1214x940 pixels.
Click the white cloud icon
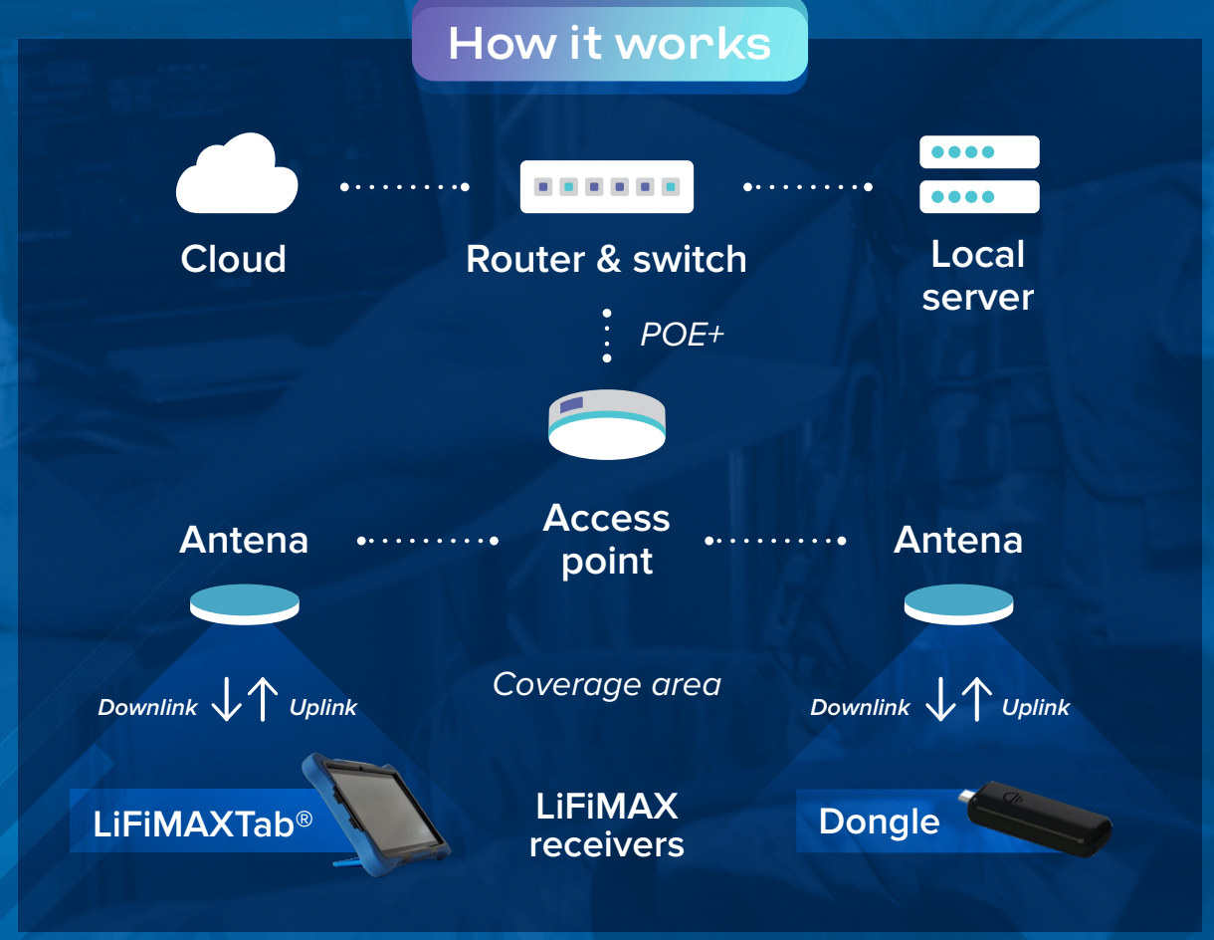237,174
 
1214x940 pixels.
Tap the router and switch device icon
607,186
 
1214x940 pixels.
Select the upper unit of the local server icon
979,152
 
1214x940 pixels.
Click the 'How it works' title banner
610,44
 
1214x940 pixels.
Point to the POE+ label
682,335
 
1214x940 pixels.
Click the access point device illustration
607,425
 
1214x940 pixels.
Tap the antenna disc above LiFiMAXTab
245,604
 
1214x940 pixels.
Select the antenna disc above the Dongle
958,604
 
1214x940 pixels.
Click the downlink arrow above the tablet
226,699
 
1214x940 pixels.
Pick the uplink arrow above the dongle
977,699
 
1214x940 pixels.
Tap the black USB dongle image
1036,819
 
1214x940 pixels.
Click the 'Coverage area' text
607,685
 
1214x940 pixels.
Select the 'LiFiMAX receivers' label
607,824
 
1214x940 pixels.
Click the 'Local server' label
978,275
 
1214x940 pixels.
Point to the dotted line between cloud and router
404,186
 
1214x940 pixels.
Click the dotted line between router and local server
808,186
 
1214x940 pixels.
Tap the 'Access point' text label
607,539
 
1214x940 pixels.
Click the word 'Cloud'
233,259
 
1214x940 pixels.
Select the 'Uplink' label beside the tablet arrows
323,708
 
